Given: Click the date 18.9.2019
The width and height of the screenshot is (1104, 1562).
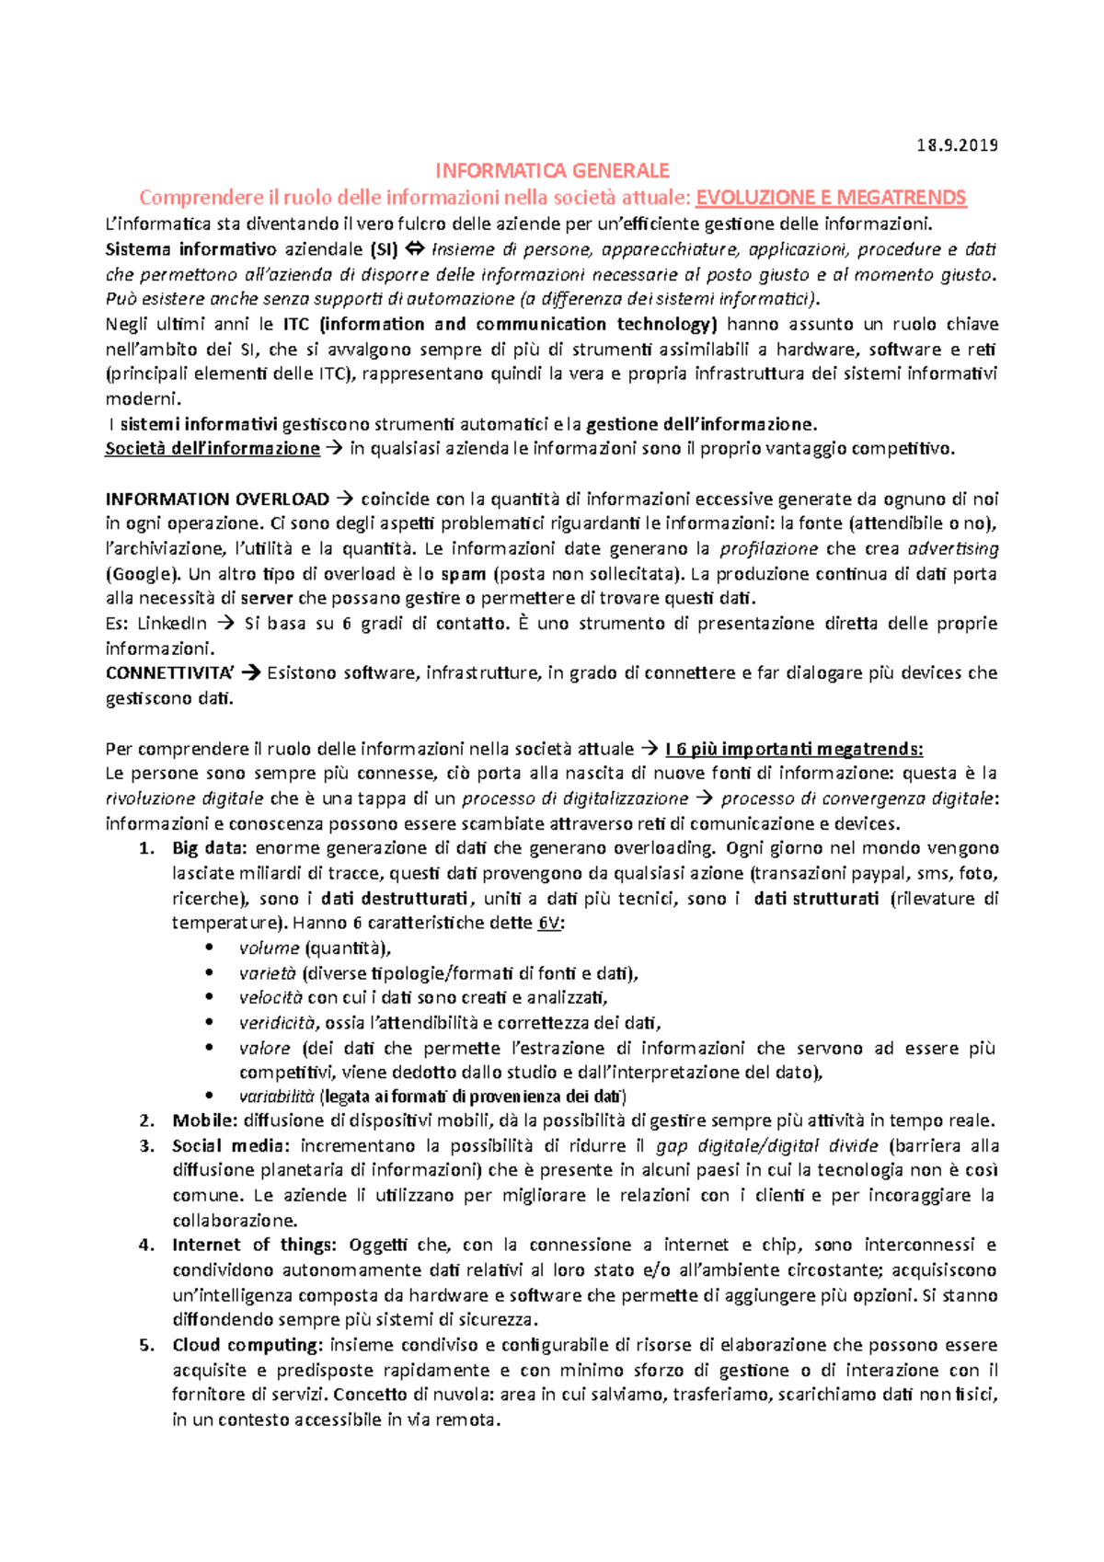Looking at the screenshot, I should pyautogui.click(x=957, y=145).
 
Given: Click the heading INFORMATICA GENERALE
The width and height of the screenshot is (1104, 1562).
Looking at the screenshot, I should pyautogui.click(x=552, y=170).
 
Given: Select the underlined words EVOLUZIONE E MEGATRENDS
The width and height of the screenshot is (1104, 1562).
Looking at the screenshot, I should pyautogui.click(x=831, y=197).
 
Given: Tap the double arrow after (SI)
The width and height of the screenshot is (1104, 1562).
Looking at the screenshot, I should pyautogui.click(x=414, y=249).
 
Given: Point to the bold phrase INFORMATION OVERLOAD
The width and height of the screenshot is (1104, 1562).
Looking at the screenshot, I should pyautogui.click(x=217, y=500).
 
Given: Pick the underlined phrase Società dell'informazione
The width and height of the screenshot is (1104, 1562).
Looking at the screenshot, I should pyautogui.click(x=213, y=449).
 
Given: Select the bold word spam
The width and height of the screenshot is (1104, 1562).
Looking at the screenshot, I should pyautogui.click(x=464, y=574).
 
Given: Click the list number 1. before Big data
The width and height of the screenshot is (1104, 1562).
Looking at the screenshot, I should pyautogui.click(x=147, y=849).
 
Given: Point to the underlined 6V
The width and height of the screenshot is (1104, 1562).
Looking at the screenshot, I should pyautogui.click(x=548, y=924).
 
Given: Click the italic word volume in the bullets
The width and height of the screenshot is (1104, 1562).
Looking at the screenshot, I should pyautogui.click(x=269, y=948).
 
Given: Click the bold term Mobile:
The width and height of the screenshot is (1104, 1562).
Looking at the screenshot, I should pyautogui.click(x=205, y=1121).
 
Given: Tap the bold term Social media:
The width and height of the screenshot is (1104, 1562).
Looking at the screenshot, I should pyautogui.click(x=230, y=1146).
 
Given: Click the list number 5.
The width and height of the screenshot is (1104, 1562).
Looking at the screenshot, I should pyautogui.click(x=147, y=1346).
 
